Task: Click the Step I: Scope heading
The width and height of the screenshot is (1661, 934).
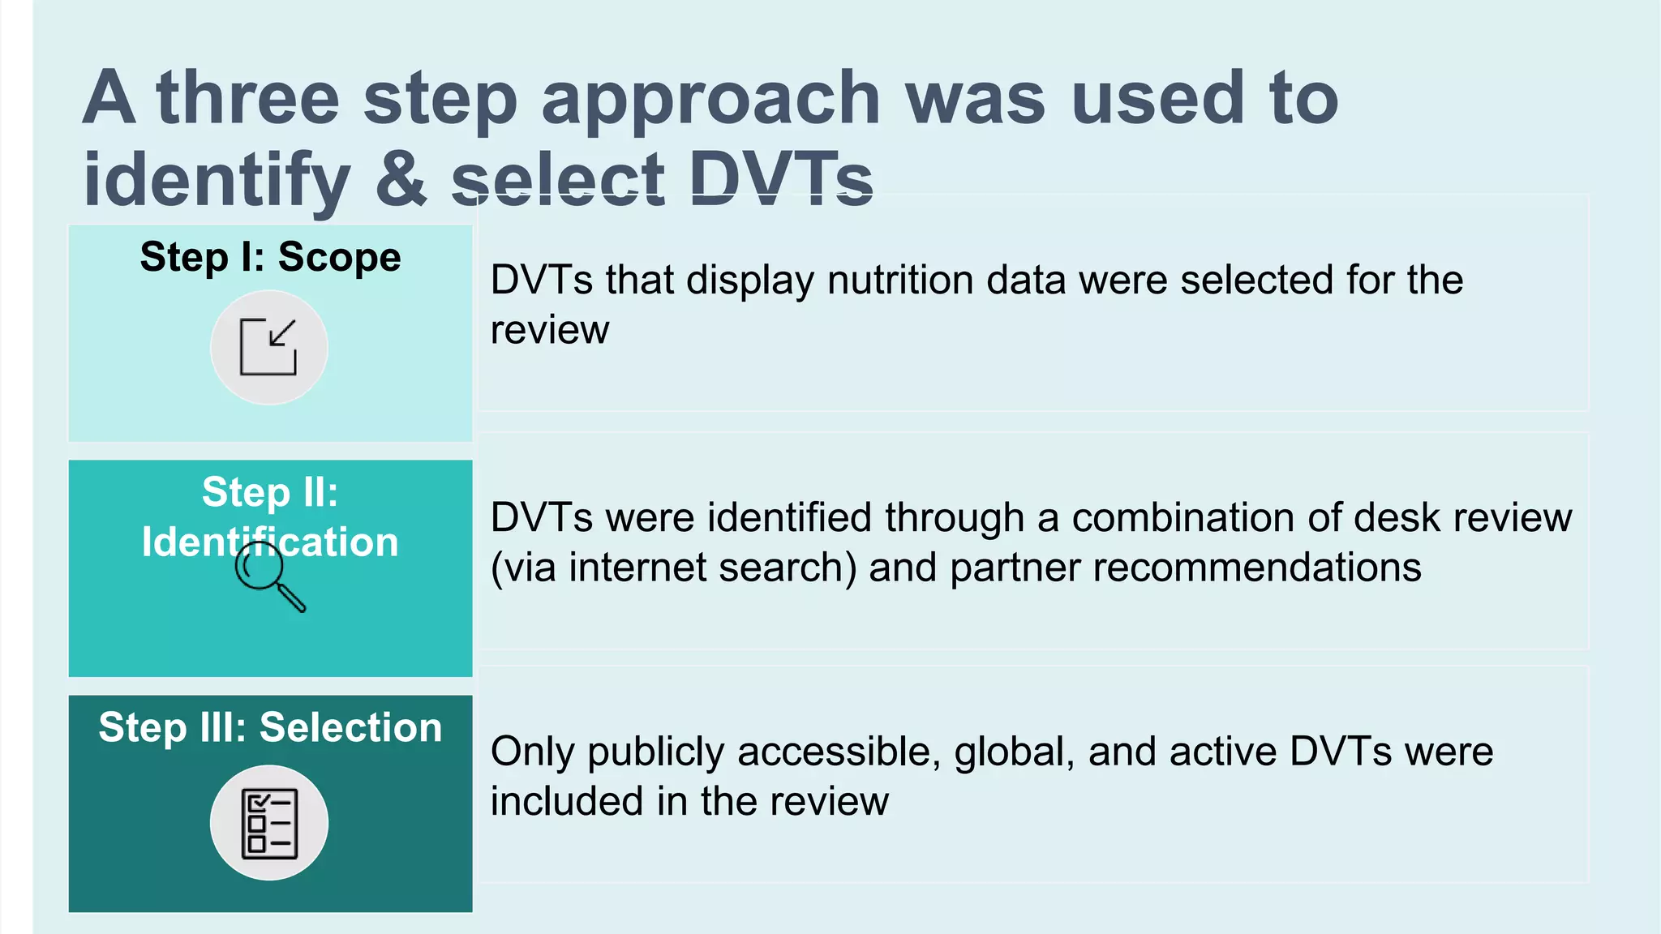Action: point(270,258)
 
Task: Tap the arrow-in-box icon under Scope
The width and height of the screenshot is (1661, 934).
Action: point(268,347)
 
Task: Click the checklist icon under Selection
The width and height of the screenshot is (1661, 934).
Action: point(269,823)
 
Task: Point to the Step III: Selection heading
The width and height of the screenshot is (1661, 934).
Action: point(270,727)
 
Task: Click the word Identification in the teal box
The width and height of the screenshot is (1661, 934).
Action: point(270,542)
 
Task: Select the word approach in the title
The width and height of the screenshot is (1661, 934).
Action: point(710,99)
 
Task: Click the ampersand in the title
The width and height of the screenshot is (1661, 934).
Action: point(401,179)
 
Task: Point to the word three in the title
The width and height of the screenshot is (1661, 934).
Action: point(248,99)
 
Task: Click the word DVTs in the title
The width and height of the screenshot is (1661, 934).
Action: point(781,179)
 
